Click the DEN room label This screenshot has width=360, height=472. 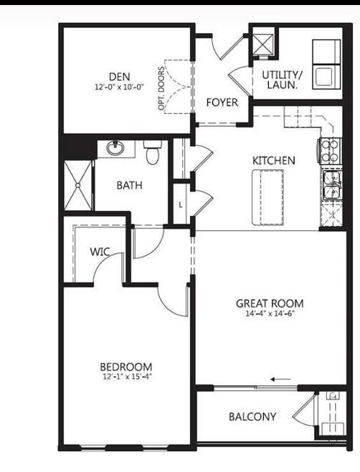[118, 77]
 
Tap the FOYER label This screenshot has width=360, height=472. [222, 103]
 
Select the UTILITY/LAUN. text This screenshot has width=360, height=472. [283, 79]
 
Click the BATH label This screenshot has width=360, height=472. [129, 185]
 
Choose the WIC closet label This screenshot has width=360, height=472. [99, 252]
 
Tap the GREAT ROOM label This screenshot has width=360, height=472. [269, 303]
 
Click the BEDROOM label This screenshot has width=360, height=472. [126, 367]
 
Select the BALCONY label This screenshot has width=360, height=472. [252, 417]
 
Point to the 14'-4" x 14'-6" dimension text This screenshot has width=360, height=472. [269, 313]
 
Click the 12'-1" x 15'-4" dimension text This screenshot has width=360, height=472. [126, 376]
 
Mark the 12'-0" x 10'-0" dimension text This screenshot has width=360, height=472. [118, 87]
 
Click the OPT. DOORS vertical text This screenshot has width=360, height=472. [162, 90]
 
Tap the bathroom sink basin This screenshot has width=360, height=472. [116, 149]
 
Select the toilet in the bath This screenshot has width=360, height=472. [151, 153]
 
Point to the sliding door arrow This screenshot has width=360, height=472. [281, 380]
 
